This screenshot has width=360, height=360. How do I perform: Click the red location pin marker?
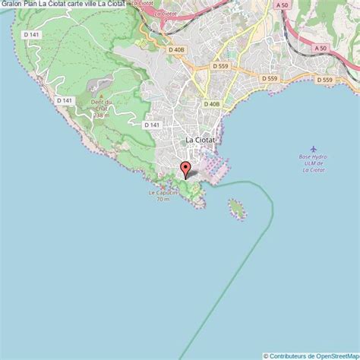pos(184,169)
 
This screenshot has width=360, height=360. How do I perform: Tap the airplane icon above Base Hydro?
pos(313,149)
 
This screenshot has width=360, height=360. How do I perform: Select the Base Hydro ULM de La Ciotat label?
pos(313,163)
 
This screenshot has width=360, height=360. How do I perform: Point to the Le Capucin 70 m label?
pos(162,195)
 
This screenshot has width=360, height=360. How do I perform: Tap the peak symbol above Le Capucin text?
pos(162,185)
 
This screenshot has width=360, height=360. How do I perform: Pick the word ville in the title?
pos(107,5)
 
